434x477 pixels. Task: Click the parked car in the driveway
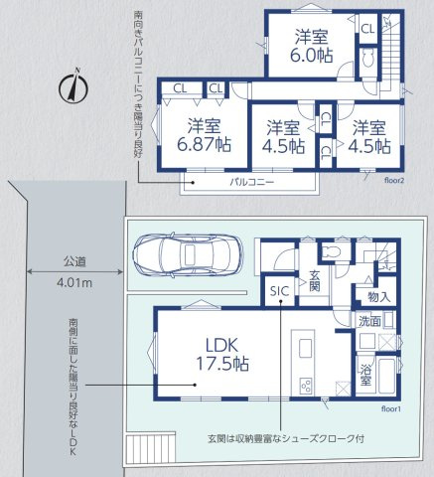pos(190,254)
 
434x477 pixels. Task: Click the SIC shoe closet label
pos(279,290)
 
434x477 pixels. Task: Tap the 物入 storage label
pos(378,296)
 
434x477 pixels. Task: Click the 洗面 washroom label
pos(369,322)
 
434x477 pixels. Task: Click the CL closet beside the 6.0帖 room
pos(366,30)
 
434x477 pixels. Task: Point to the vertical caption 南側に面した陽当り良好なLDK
pos(73,389)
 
